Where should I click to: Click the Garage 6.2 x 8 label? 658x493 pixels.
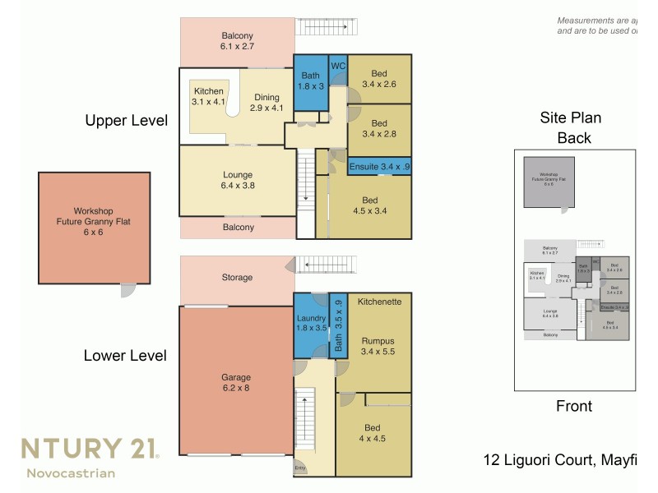(236, 384)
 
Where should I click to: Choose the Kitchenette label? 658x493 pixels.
(379, 302)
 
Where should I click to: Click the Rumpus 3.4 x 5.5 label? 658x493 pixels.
(379, 346)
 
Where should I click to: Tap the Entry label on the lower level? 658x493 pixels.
(301, 468)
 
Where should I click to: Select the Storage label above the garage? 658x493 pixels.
(237, 278)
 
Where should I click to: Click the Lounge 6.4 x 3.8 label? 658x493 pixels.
(237, 180)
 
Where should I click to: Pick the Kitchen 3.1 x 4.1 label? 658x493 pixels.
(207, 96)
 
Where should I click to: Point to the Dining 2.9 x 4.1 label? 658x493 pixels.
(266, 102)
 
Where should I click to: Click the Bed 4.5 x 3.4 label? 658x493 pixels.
(369, 205)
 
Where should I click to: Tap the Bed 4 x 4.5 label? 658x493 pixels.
(372, 432)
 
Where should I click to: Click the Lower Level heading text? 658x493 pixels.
(126, 356)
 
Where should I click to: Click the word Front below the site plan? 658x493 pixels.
(574, 405)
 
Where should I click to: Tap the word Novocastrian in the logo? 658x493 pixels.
(71, 472)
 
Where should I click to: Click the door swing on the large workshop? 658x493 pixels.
(128, 289)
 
